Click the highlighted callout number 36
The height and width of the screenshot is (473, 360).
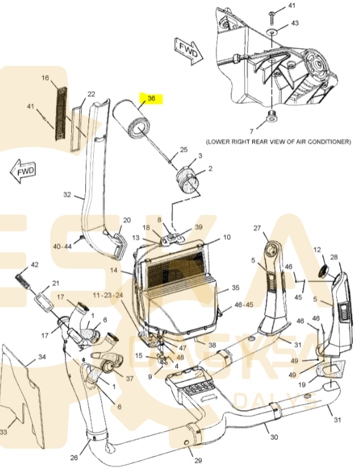pyautogui.click(x=151, y=98)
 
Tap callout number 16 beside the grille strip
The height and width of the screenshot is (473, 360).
pyautogui.click(x=45, y=78)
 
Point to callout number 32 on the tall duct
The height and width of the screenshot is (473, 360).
pyautogui.click(x=67, y=195)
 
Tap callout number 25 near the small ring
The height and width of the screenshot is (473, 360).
pyautogui.click(x=183, y=149)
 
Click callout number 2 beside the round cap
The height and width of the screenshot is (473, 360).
pyautogui.click(x=210, y=169)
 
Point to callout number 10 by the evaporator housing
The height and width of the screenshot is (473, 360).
pyautogui.click(x=227, y=237)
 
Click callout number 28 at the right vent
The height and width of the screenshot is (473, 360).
pyautogui.click(x=334, y=257)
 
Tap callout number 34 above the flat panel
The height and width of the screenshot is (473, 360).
pyautogui.click(x=41, y=357)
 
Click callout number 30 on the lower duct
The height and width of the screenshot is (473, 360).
pyautogui.click(x=274, y=437)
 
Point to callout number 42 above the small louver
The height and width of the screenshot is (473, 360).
pyautogui.click(x=34, y=265)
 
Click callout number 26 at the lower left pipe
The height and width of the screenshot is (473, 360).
pyautogui.click(x=74, y=458)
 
